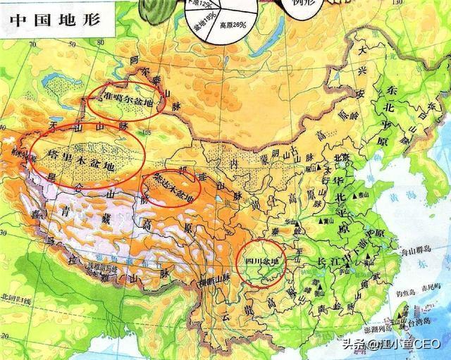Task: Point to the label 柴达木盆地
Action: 171,185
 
